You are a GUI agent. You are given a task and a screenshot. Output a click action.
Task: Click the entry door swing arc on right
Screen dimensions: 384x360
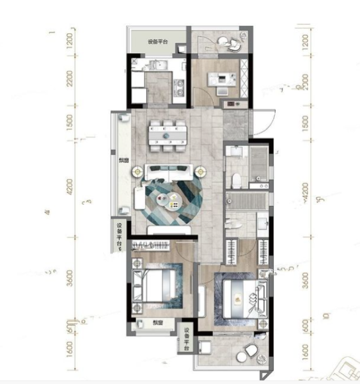[x=265, y=122]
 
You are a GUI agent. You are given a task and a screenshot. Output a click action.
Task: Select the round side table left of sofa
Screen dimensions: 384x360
[x=137, y=172]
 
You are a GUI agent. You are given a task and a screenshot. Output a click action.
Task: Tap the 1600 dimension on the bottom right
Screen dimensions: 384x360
[x=305, y=353]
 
